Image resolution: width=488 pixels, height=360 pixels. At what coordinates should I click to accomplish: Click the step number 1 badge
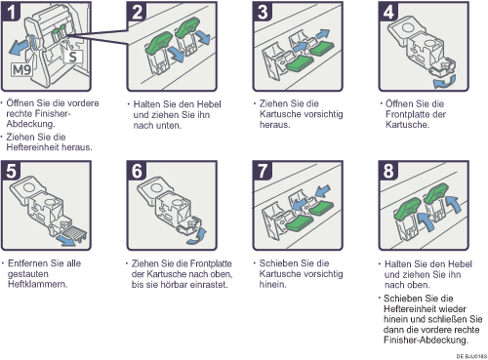point(12,11)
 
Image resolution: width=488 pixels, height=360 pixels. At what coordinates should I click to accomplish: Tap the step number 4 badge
point(388,11)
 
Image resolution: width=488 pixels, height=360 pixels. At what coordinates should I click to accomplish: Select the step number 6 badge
point(137,171)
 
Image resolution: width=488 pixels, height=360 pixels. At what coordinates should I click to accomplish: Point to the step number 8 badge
point(388,171)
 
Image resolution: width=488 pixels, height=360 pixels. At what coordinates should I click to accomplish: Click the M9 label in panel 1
point(21,69)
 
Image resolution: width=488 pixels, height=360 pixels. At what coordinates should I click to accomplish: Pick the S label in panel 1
point(73,57)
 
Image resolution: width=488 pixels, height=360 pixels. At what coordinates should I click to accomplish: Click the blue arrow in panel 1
point(20,47)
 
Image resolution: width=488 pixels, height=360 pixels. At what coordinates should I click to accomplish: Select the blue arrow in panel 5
point(66,241)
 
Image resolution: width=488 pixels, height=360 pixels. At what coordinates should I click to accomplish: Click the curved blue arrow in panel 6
point(197,236)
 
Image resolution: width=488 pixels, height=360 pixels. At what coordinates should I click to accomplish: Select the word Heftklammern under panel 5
point(37,284)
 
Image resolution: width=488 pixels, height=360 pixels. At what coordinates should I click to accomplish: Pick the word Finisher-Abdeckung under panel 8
point(426,340)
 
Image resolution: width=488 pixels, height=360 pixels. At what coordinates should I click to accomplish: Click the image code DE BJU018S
point(471,356)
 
